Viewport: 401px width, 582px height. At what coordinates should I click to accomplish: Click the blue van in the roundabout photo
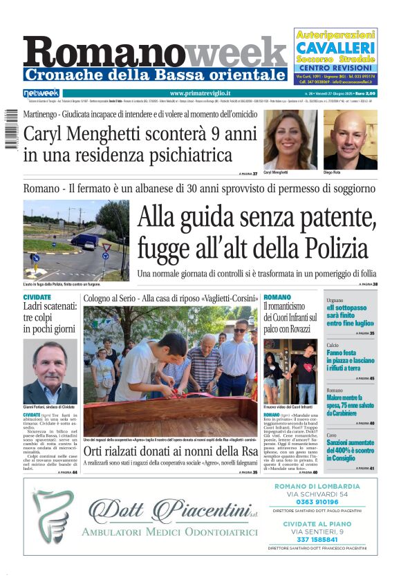[84, 240]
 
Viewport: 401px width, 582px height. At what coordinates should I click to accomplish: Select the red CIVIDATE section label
[37, 297]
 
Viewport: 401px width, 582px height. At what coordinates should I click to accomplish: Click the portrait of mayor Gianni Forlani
[50, 371]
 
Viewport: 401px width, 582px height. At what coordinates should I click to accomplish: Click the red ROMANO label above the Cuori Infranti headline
[277, 297]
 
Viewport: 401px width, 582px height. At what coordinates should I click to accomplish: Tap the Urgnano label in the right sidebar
[335, 301]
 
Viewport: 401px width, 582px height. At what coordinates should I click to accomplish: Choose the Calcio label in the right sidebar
[333, 345]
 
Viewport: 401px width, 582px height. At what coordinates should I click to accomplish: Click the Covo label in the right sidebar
[332, 435]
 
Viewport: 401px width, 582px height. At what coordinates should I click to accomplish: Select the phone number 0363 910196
[326, 502]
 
